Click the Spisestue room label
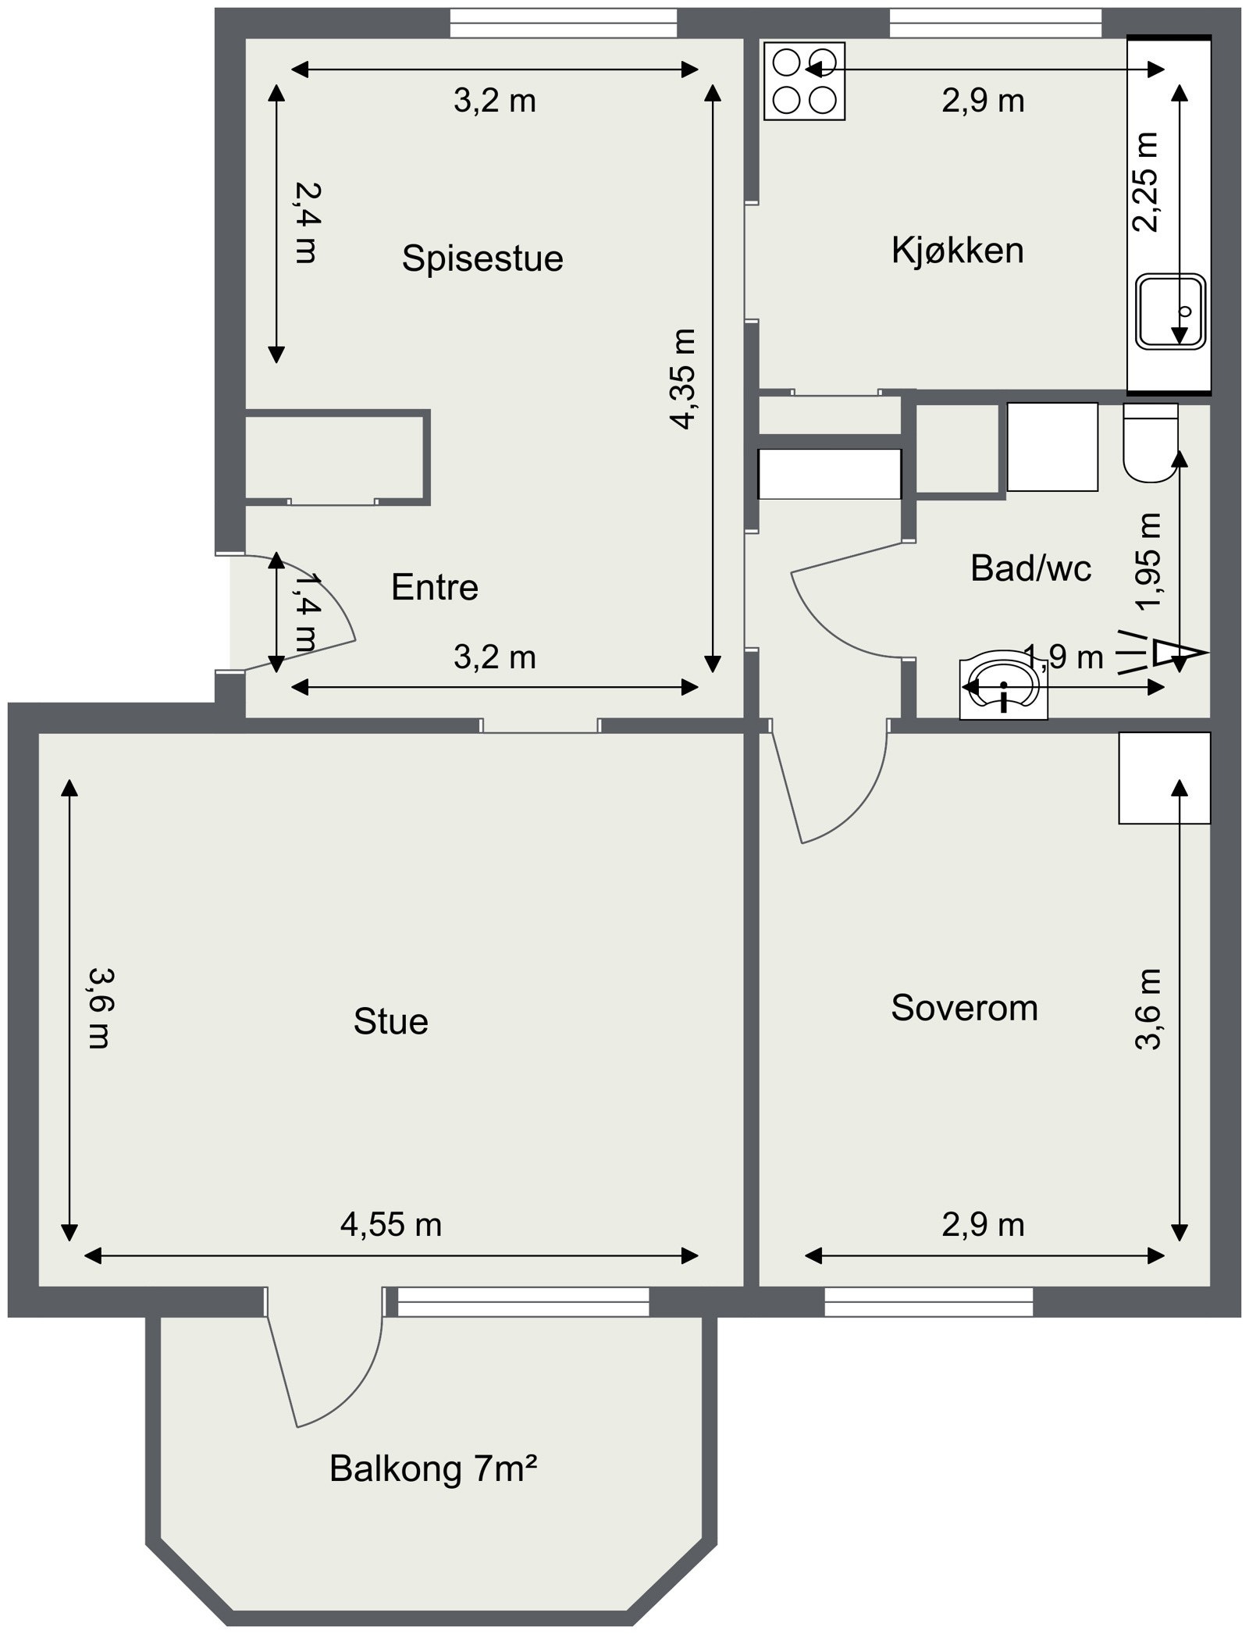[482, 258]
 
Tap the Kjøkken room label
[957, 251]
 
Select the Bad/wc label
[1030, 568]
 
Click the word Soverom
[964, 1008]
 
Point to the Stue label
[390, 1021]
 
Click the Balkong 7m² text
[433, 1468]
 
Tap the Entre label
[434, 587]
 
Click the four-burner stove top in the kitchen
[804, 80]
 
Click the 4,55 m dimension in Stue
[390, 1224]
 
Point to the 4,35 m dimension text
[682, 379]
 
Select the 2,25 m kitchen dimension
[1145, 183]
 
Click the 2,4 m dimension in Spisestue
[307, 222]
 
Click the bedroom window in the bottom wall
[928, 1301]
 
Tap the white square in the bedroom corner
[1163, 778]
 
